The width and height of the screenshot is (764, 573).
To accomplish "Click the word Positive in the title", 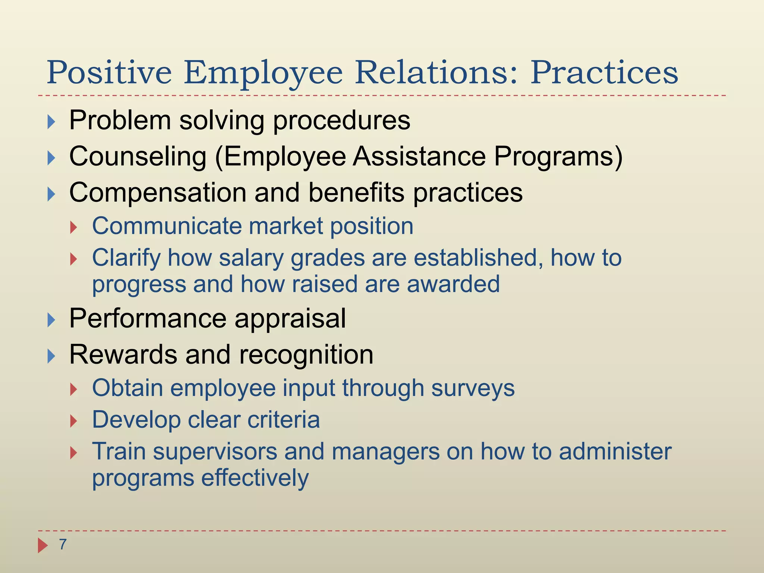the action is click(109, 73).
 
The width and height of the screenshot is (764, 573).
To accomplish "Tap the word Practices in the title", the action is click(604, 73).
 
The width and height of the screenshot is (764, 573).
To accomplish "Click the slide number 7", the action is click(63, 545).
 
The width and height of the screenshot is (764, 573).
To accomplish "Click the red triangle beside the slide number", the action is click(43, 545).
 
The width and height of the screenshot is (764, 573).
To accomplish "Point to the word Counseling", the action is click(138, 156).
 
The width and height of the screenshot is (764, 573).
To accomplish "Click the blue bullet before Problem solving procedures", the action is click(51, 122).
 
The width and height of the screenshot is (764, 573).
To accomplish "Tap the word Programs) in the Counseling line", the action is click(558, 156).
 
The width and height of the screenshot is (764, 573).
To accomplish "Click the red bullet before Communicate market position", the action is click(73, 227).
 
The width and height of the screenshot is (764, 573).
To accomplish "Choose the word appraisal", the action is click(290, 319).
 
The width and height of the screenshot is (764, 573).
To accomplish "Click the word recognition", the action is click(306, 354).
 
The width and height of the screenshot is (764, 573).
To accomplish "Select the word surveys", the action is click(473, 388).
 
